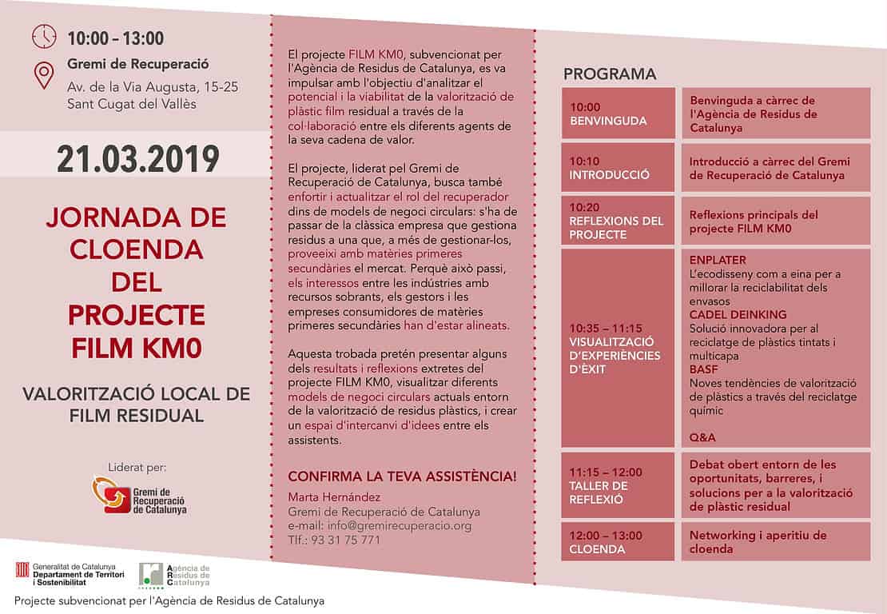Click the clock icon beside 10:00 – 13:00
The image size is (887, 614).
coord(44,37)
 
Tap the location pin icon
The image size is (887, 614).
coord(43,76)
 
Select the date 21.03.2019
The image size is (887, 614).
coord(137,158)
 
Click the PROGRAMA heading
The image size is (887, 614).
coord(610,74)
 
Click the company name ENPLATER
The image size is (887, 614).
coord(717,261)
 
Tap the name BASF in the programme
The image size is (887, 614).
coord(704,369)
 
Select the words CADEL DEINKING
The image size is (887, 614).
coord(738,315)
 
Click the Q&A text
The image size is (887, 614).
coord(702,437)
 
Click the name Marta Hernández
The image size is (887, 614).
coord(335,497)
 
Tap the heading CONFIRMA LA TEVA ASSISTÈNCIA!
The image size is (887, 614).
coord(402,476)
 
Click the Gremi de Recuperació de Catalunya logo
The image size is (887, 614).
coord(137,495)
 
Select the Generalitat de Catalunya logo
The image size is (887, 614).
coord(65,574)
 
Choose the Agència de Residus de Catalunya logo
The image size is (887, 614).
coord(174,575)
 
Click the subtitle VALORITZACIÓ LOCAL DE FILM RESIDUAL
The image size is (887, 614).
coord(136,405)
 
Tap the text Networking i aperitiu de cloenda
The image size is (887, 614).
coord(758,542)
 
